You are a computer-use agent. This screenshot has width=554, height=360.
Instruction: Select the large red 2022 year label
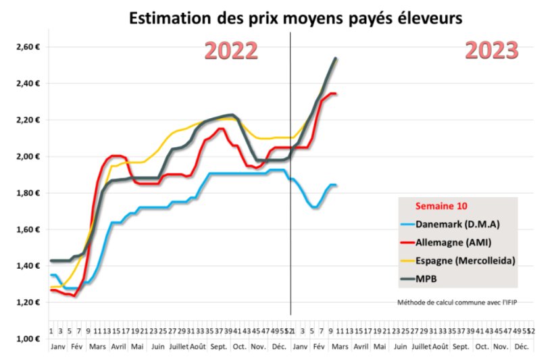coord(231,51)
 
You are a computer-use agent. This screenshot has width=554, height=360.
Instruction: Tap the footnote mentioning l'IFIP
coord(453,302)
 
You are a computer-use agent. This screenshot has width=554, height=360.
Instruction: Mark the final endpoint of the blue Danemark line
coord(336,185)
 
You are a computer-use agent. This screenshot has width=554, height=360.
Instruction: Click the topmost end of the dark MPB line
coord(336,59)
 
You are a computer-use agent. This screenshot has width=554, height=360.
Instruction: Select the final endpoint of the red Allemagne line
coord(336,94)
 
